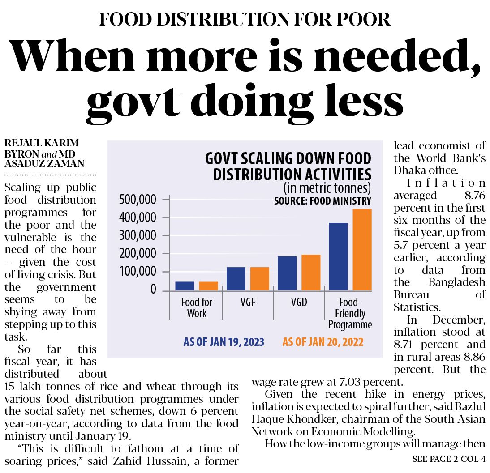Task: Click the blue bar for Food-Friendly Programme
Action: [x=338, y=256]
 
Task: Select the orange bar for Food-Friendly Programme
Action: [x=362, y=250]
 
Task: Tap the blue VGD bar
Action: [x=287, y=273]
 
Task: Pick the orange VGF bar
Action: [x=260, y=279]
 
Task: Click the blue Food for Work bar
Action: [x=185, y=286]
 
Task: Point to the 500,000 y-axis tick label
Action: [x=138, y=200]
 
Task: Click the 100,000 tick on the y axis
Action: [x=138, y=272]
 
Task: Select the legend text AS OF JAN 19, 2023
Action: [x=224, y=342]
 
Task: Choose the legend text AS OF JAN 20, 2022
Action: [x=322, y=342]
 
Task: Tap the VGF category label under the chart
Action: [x=248, y=303]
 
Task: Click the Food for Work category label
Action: [x=197, y=307]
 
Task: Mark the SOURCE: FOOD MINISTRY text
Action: [x=322, y=201]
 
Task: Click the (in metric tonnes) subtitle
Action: [x=327, y=187]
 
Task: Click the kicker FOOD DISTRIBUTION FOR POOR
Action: [x=245, y=19]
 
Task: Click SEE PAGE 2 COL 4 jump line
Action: [x=449, y=459]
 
